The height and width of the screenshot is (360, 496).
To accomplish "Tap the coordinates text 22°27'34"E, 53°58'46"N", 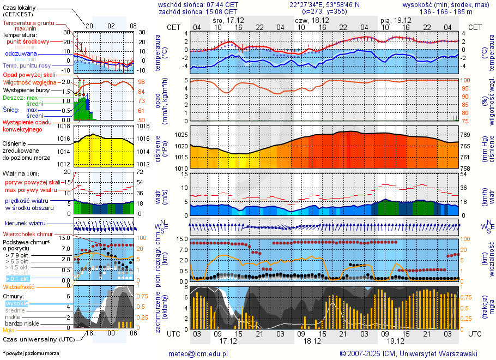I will click(325, 4).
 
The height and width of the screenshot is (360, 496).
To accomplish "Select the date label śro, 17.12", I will click(228, 20).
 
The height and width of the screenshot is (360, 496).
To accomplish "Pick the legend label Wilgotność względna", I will click(38, 82).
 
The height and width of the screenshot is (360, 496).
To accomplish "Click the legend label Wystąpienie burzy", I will click(26, 89).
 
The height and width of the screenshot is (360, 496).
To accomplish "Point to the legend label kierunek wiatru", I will click(25, 224).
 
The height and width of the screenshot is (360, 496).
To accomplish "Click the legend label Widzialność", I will click(19, 286).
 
